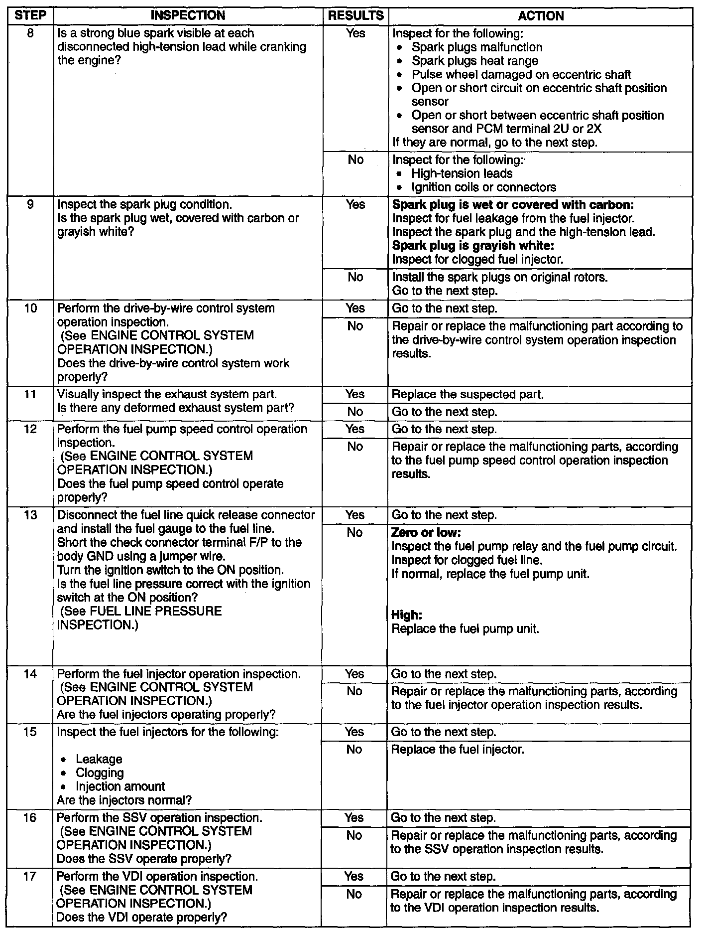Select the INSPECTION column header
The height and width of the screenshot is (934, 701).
188,15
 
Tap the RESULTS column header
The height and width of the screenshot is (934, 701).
355,15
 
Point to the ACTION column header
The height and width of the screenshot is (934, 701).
541,15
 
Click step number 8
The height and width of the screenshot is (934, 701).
30,33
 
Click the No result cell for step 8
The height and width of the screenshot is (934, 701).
355,160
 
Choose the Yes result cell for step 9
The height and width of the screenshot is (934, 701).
355,205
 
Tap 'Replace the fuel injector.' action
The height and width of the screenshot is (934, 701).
458,750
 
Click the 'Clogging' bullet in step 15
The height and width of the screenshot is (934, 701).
100,773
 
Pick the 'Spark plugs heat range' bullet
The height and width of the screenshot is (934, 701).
474,61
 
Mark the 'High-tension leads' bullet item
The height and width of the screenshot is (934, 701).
462,173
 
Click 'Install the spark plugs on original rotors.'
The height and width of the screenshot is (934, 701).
500,277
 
